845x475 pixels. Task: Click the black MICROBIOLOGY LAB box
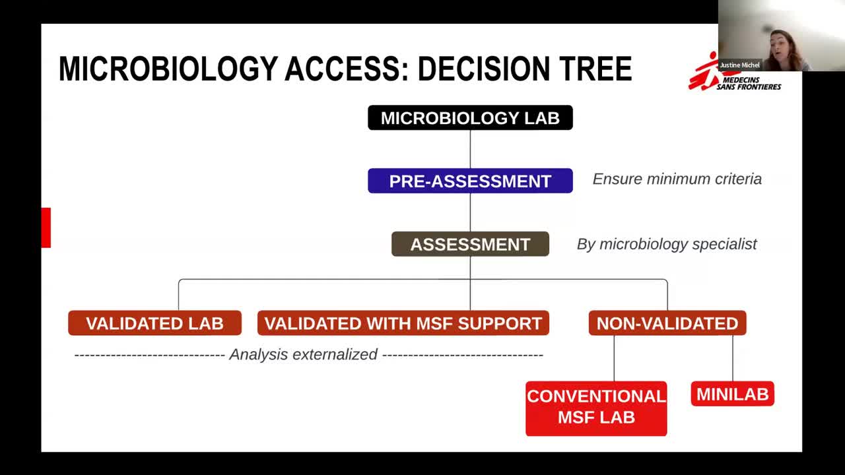click(470, 117)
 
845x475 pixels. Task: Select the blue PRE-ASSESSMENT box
click(470, 181)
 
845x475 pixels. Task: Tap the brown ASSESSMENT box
click(470, 244)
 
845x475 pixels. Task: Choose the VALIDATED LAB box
click(154, 323)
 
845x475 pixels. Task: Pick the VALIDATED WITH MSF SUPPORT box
click(403, 323)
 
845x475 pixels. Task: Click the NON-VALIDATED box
click(667, 323)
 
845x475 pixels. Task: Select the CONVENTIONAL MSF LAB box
click(596, 408)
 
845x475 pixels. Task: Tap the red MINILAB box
click(733, 394)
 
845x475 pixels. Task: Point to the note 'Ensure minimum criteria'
click(677, 179)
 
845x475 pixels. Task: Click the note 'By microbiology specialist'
click(667, 244)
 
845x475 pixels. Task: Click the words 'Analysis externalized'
click(303, 354)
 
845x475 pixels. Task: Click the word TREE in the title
click(595, 69)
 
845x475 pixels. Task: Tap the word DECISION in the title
click(484, 69)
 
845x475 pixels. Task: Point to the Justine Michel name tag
click(739, 65)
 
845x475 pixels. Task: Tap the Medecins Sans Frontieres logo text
click(749, 83)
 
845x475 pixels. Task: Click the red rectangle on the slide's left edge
click(46, 228)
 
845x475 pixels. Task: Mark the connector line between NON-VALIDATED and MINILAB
click(733, 358)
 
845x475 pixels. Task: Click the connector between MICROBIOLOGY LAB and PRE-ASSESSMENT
click(470, 149)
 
